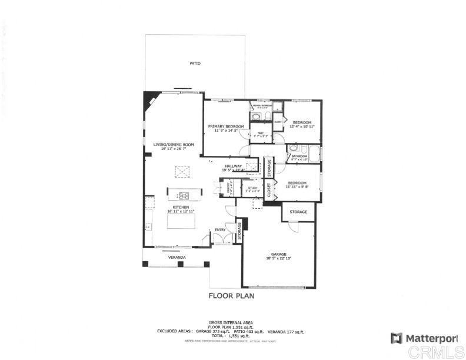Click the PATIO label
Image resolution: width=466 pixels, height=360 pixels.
[x=194, y=64]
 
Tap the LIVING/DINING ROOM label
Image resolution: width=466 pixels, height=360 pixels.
[x=173, y=145]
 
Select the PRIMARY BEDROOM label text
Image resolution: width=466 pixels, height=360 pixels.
[x=225, y=126]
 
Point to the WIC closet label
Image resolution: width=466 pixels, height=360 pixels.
[x=261, y=133]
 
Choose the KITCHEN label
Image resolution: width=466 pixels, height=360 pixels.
[x=181, y=207]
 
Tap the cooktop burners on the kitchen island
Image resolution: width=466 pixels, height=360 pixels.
[x=184, y=196]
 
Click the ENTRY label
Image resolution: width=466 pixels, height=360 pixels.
[x=219, y=230]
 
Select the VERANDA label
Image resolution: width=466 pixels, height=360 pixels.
[x=177, y=258]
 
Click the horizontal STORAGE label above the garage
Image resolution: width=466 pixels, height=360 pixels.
[x=299, y=212]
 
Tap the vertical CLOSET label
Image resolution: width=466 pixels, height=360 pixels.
[x=269, y=189]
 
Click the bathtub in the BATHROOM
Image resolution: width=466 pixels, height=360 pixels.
[x=314, y=155]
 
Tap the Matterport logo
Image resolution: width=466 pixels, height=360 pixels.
[x=424, y=338]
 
